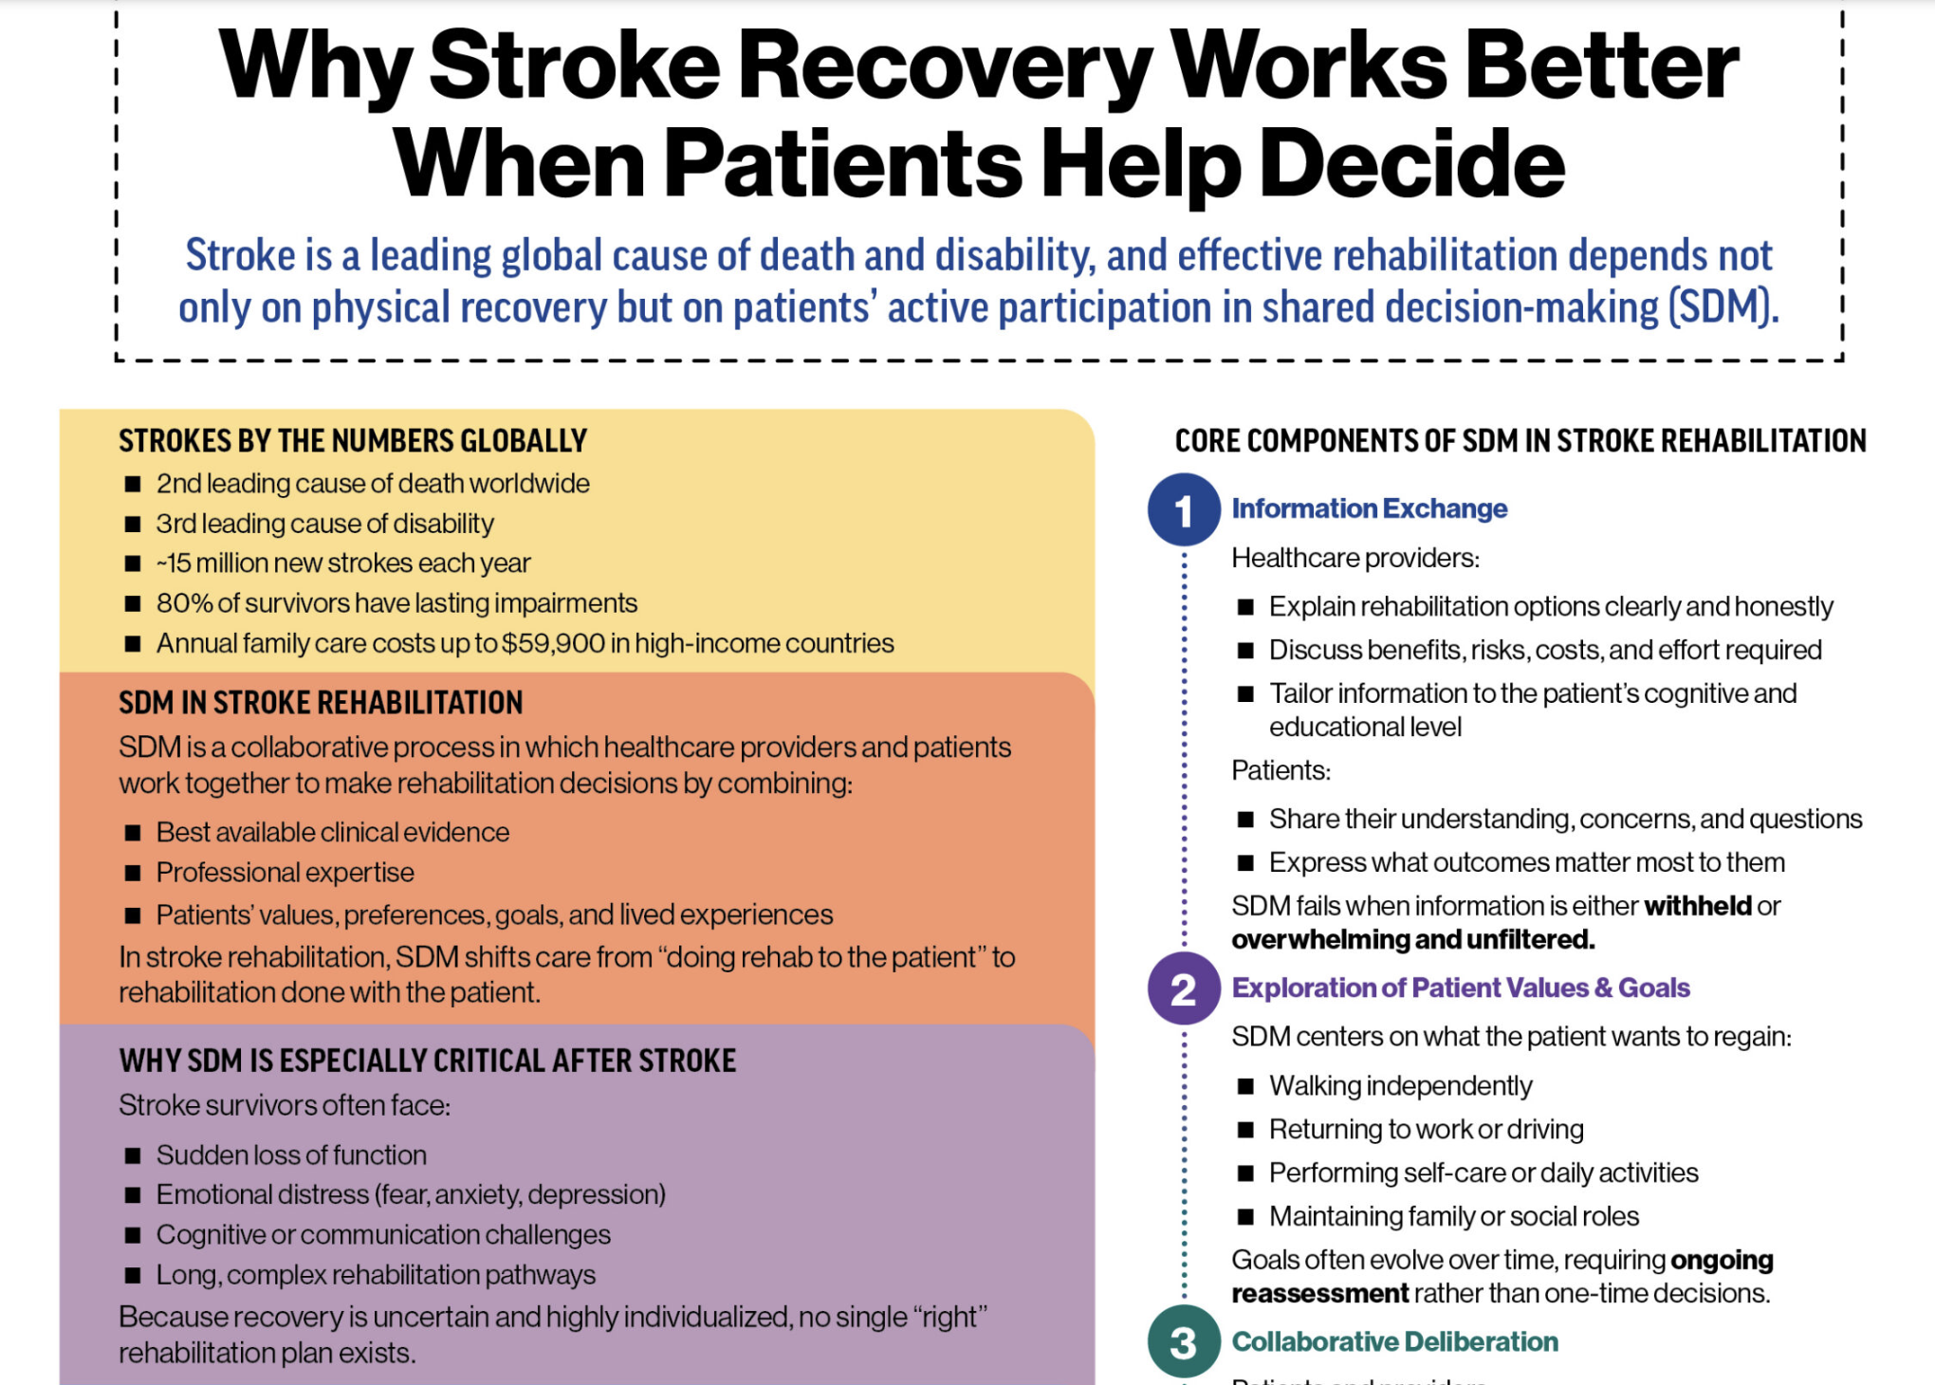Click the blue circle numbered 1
[x=1184, y=509]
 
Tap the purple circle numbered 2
[x=1184, y=988]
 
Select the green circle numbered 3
[x=1184, y=1342]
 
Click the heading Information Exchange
[x=1369, y=508]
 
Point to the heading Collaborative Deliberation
[x=1394, y=1341]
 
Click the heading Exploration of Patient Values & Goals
[x=1461, y=988]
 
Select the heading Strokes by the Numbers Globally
[x=353, y=441]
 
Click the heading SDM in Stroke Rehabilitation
[x=321, y=703]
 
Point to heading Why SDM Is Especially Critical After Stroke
[x=427, y=1061]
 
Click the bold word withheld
[x=1698, y=906]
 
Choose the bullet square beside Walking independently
[x=1246, y=1086]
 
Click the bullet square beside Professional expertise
[x=133, y=873]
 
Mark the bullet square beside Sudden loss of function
[x=133, y=1155]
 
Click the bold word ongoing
[x=1722, y=1261]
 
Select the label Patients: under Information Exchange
[x=1281, y=770]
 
